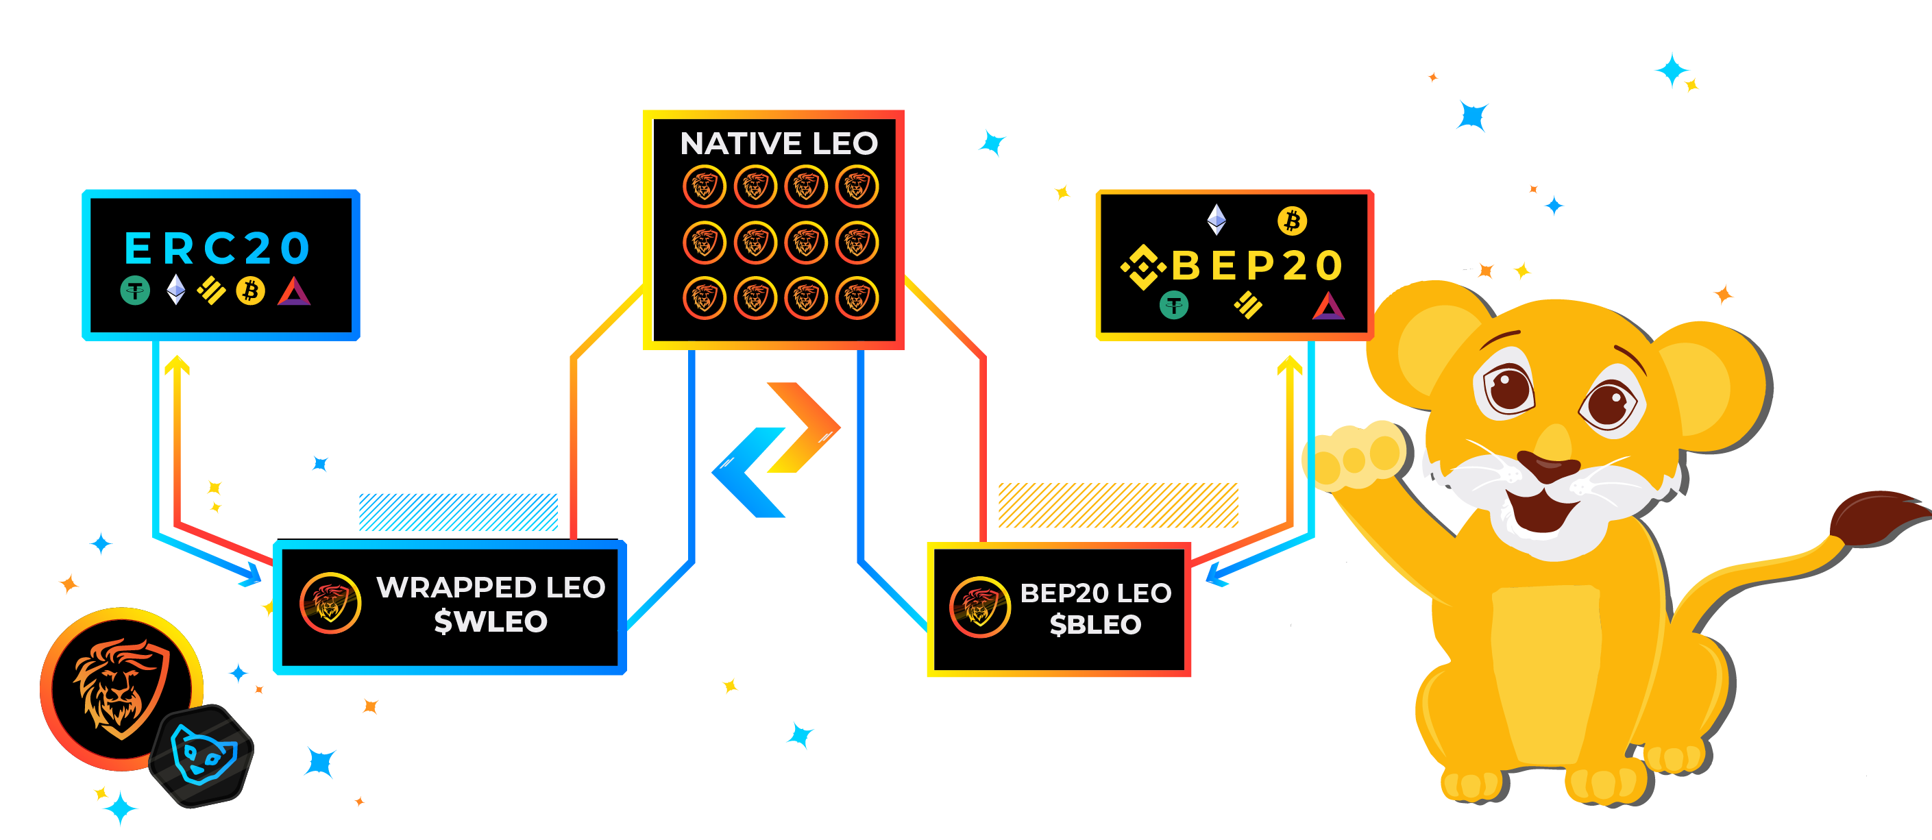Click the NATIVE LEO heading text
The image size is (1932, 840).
point(779,143)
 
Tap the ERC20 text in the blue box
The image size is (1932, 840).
point(217,248)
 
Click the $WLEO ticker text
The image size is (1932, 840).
point(491,621)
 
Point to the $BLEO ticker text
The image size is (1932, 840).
point(1095,624)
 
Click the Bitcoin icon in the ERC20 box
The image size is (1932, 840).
point(251,291)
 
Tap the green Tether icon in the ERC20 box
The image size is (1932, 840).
point(135,291)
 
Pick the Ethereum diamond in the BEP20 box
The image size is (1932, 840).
point(1216,219)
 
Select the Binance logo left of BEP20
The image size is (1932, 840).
point(1143,267)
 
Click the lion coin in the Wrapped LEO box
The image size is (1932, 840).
point(330,603)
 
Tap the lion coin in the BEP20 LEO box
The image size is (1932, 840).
point(979,607)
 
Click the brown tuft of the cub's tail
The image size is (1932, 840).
point(1879,517)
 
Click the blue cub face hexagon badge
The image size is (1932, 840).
point(201,756)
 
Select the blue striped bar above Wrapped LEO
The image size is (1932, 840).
point(458,512)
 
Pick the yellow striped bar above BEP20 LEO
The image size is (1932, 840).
point(1118,505)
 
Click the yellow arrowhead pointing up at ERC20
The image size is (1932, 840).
point(177,365)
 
